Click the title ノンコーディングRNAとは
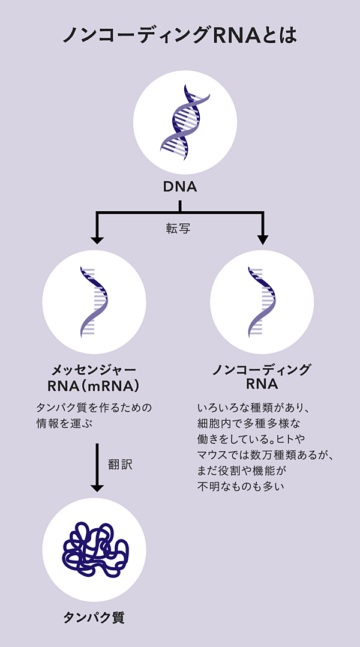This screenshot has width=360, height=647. (180, 35)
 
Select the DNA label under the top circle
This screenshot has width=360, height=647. (180, 187)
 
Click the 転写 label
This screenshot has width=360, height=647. (178, 229)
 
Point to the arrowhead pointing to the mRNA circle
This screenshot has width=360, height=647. (96, 240)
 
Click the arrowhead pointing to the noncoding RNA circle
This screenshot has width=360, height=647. (262, 240)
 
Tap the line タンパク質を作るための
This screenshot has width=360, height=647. (94, 408)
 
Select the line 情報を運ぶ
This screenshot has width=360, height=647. (66, 424)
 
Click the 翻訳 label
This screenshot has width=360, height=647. (119, 464)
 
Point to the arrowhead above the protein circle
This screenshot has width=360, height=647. (97, 488)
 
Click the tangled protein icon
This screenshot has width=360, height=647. (95, 550)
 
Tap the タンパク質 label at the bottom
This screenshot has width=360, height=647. (94, 618)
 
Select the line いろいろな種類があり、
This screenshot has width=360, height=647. (253, 408)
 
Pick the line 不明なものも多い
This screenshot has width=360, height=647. (241, 486)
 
